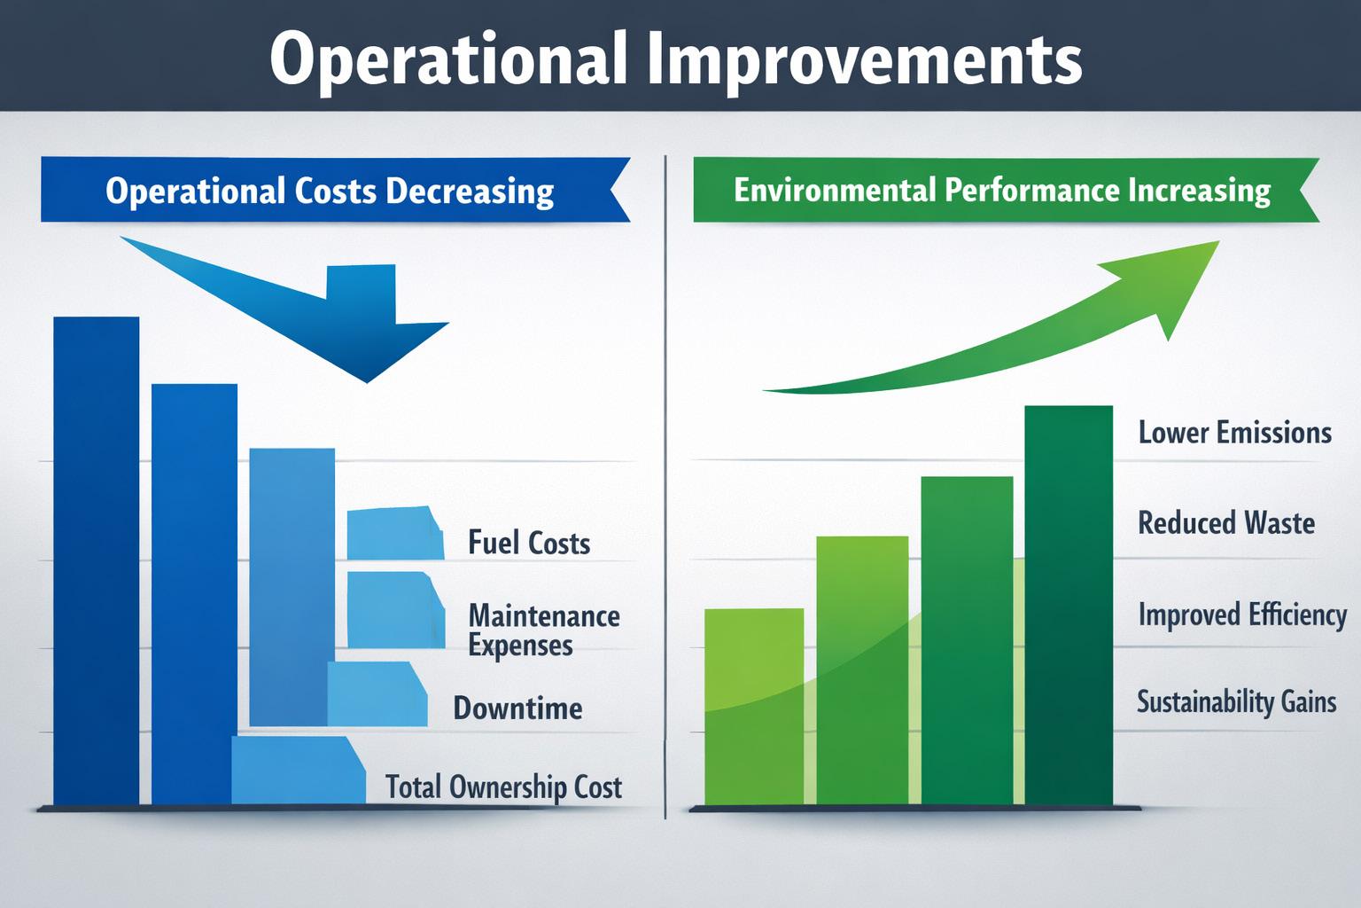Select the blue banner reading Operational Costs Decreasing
(x=336, y=190)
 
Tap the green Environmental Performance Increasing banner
(x=1007, y=190)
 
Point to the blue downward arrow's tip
(x=367, y=382)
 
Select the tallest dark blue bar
(x=96, y=560)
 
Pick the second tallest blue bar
(x=194, y=594)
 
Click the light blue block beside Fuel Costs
(x=395, y=534)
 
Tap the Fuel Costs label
(x=529, y=543)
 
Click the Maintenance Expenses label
(x=544, y=630)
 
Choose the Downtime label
(x=517, y=708)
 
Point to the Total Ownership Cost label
(x=503, y=787)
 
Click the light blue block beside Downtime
(x=377, y=694)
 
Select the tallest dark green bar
(x=1069, y=606)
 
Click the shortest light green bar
(x=754, y=707)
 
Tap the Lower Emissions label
(x=1234, y=433)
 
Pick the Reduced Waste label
(x=1226, y=523)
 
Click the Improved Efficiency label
(x=1242, y=614)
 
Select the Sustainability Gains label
(x=1236, y=702)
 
